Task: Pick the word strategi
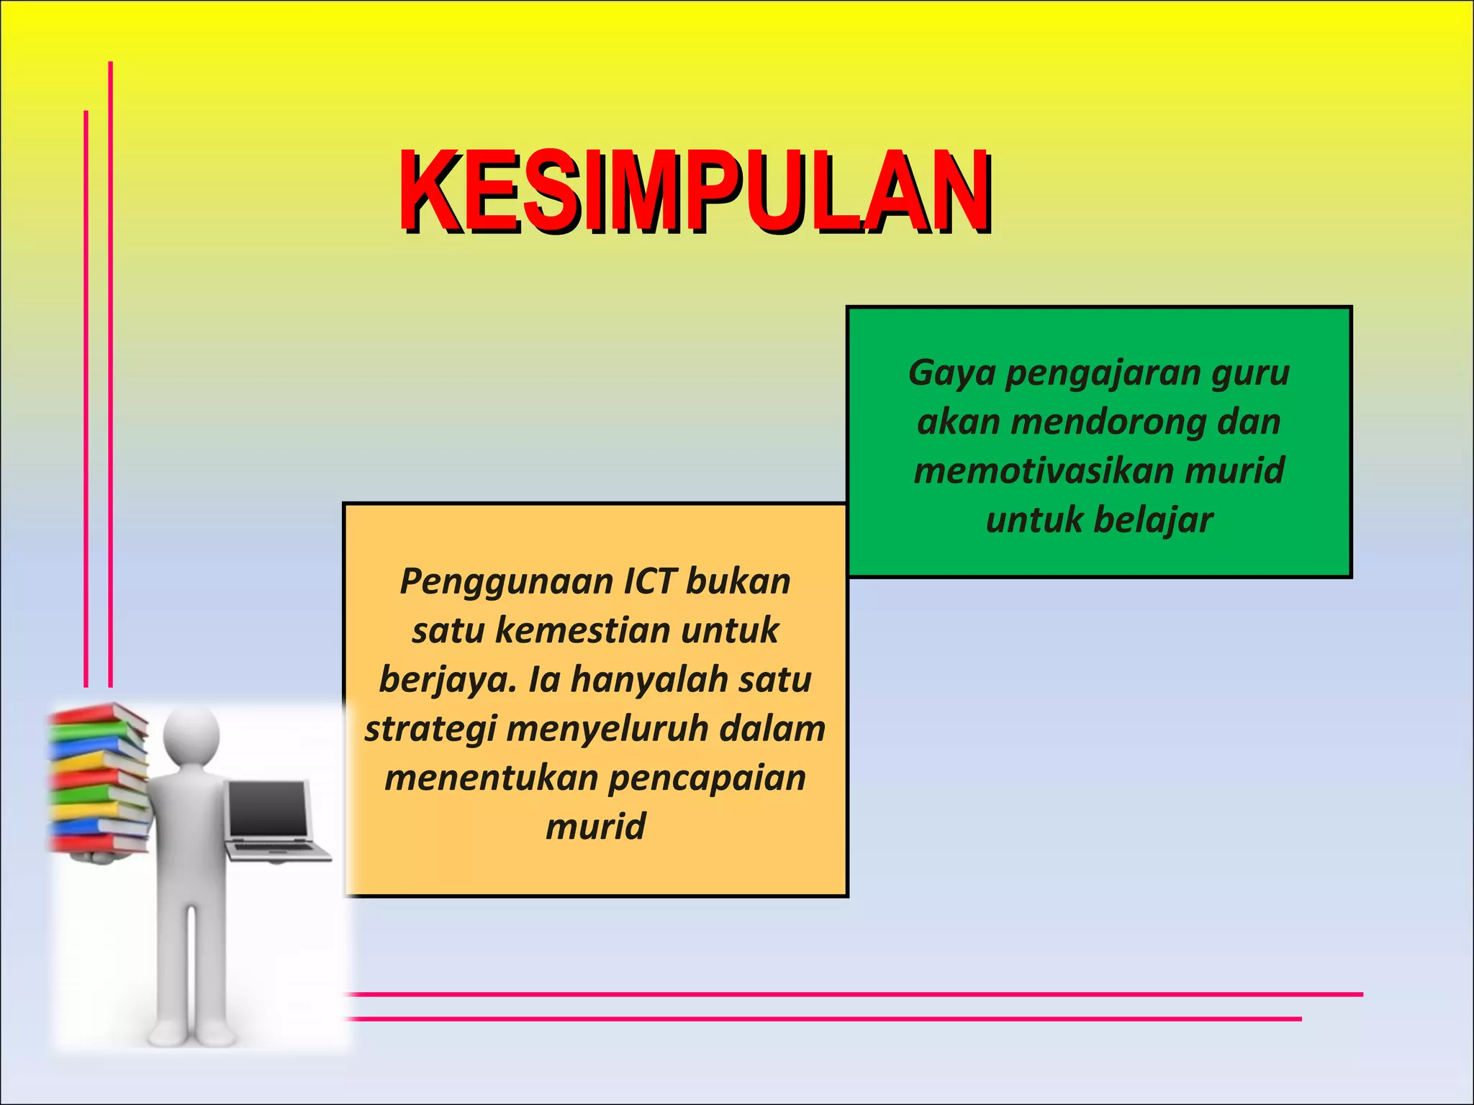[x=430, y=729]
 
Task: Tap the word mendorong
[x=1108, y=422]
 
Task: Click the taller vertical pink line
[x=110, y=374]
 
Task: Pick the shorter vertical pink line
[x=86, y=399]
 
